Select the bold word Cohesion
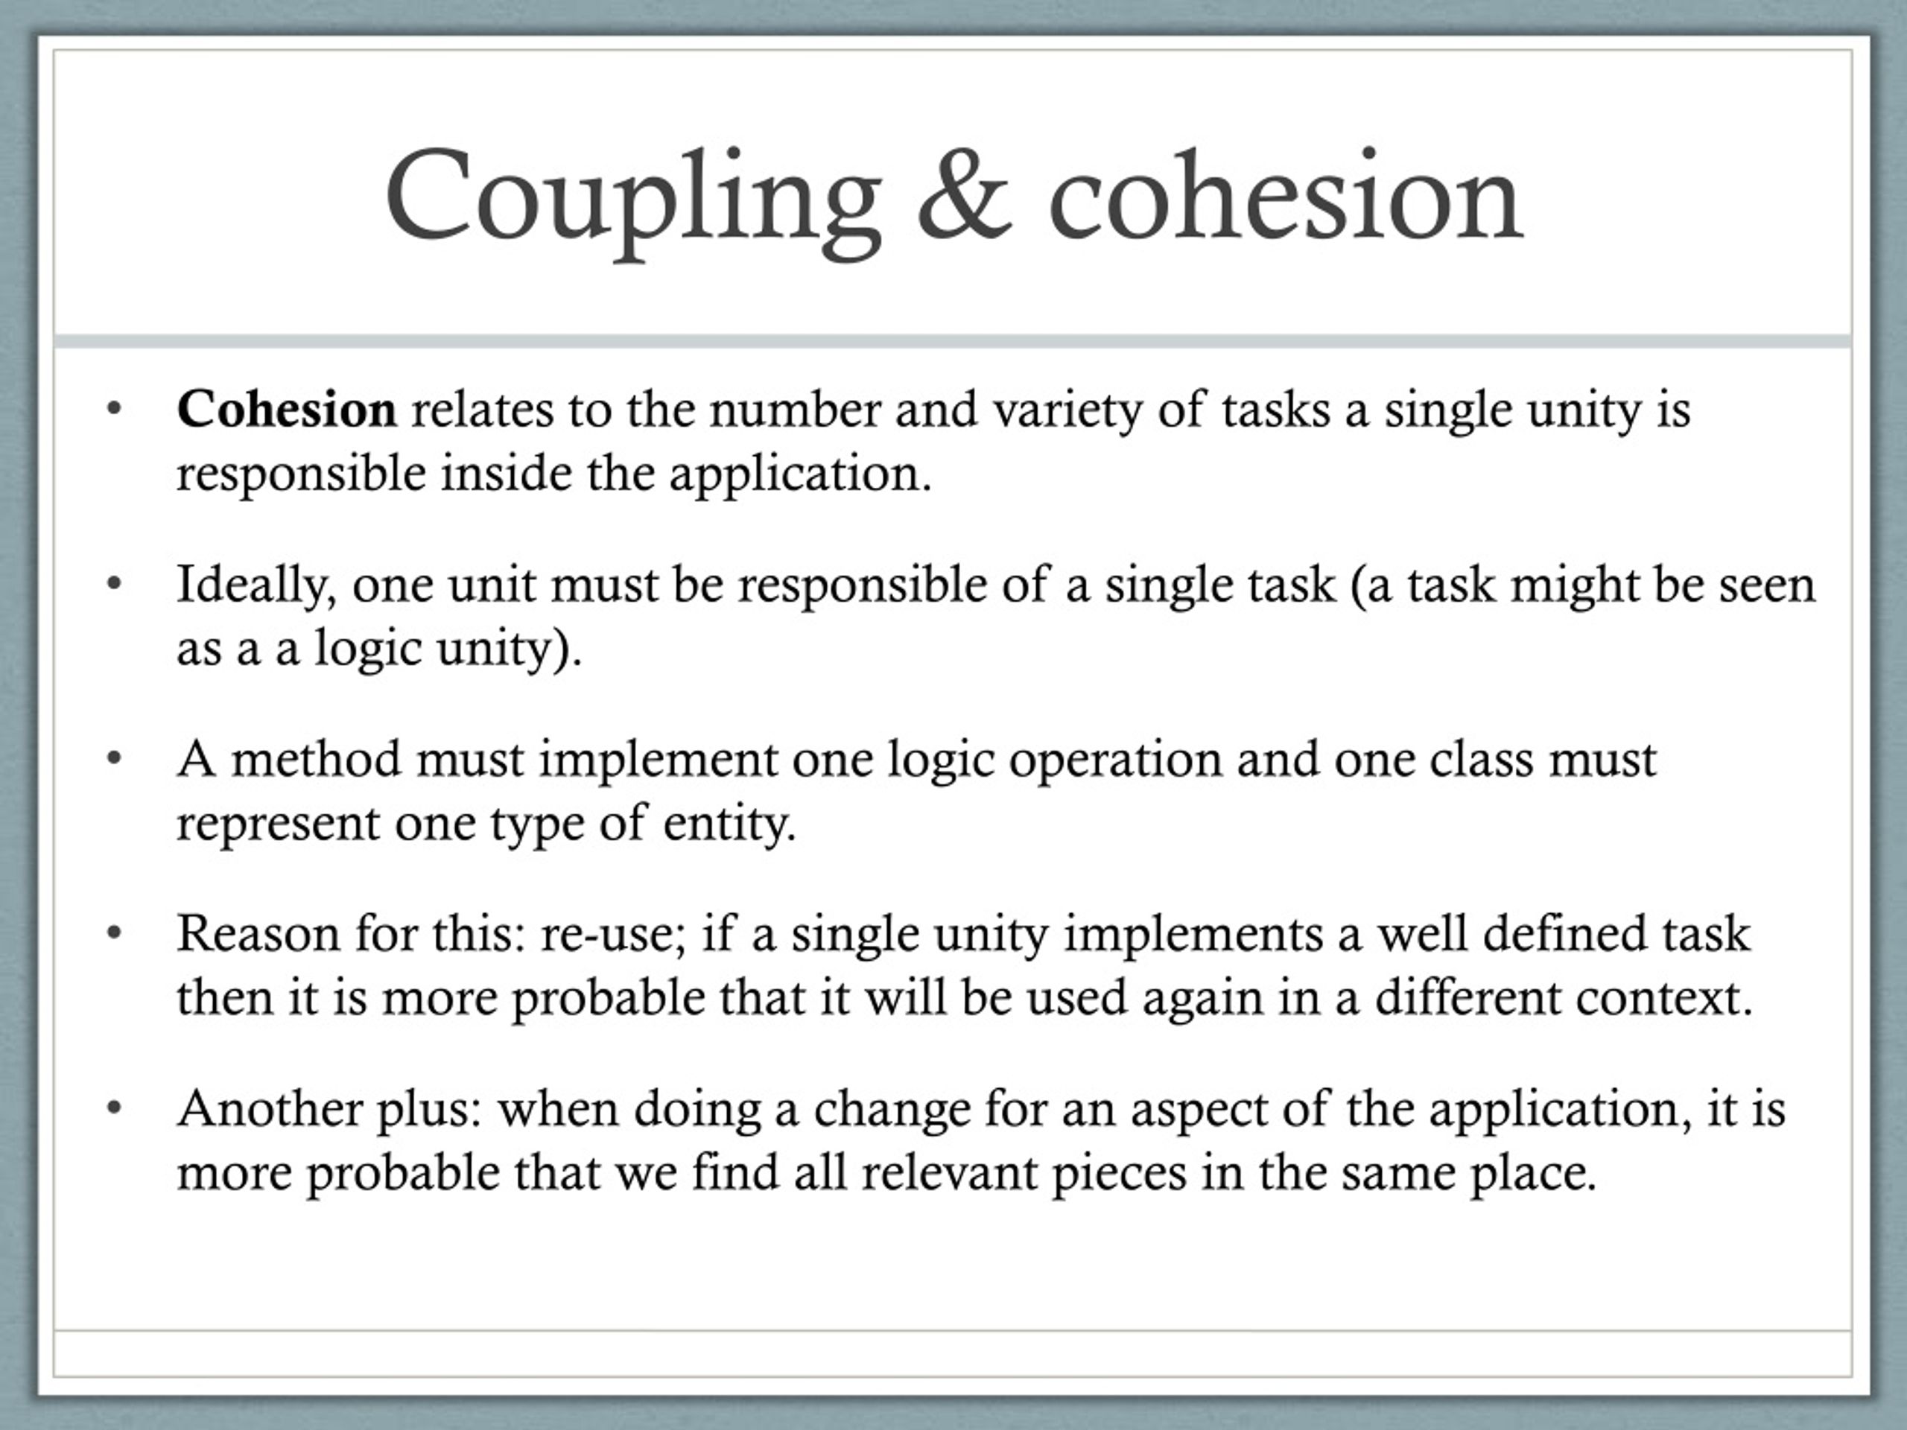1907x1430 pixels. [286, 410]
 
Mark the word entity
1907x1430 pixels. [729, 824]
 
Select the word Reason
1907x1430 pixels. [258, 935]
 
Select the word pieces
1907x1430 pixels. [1119, 1175]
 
